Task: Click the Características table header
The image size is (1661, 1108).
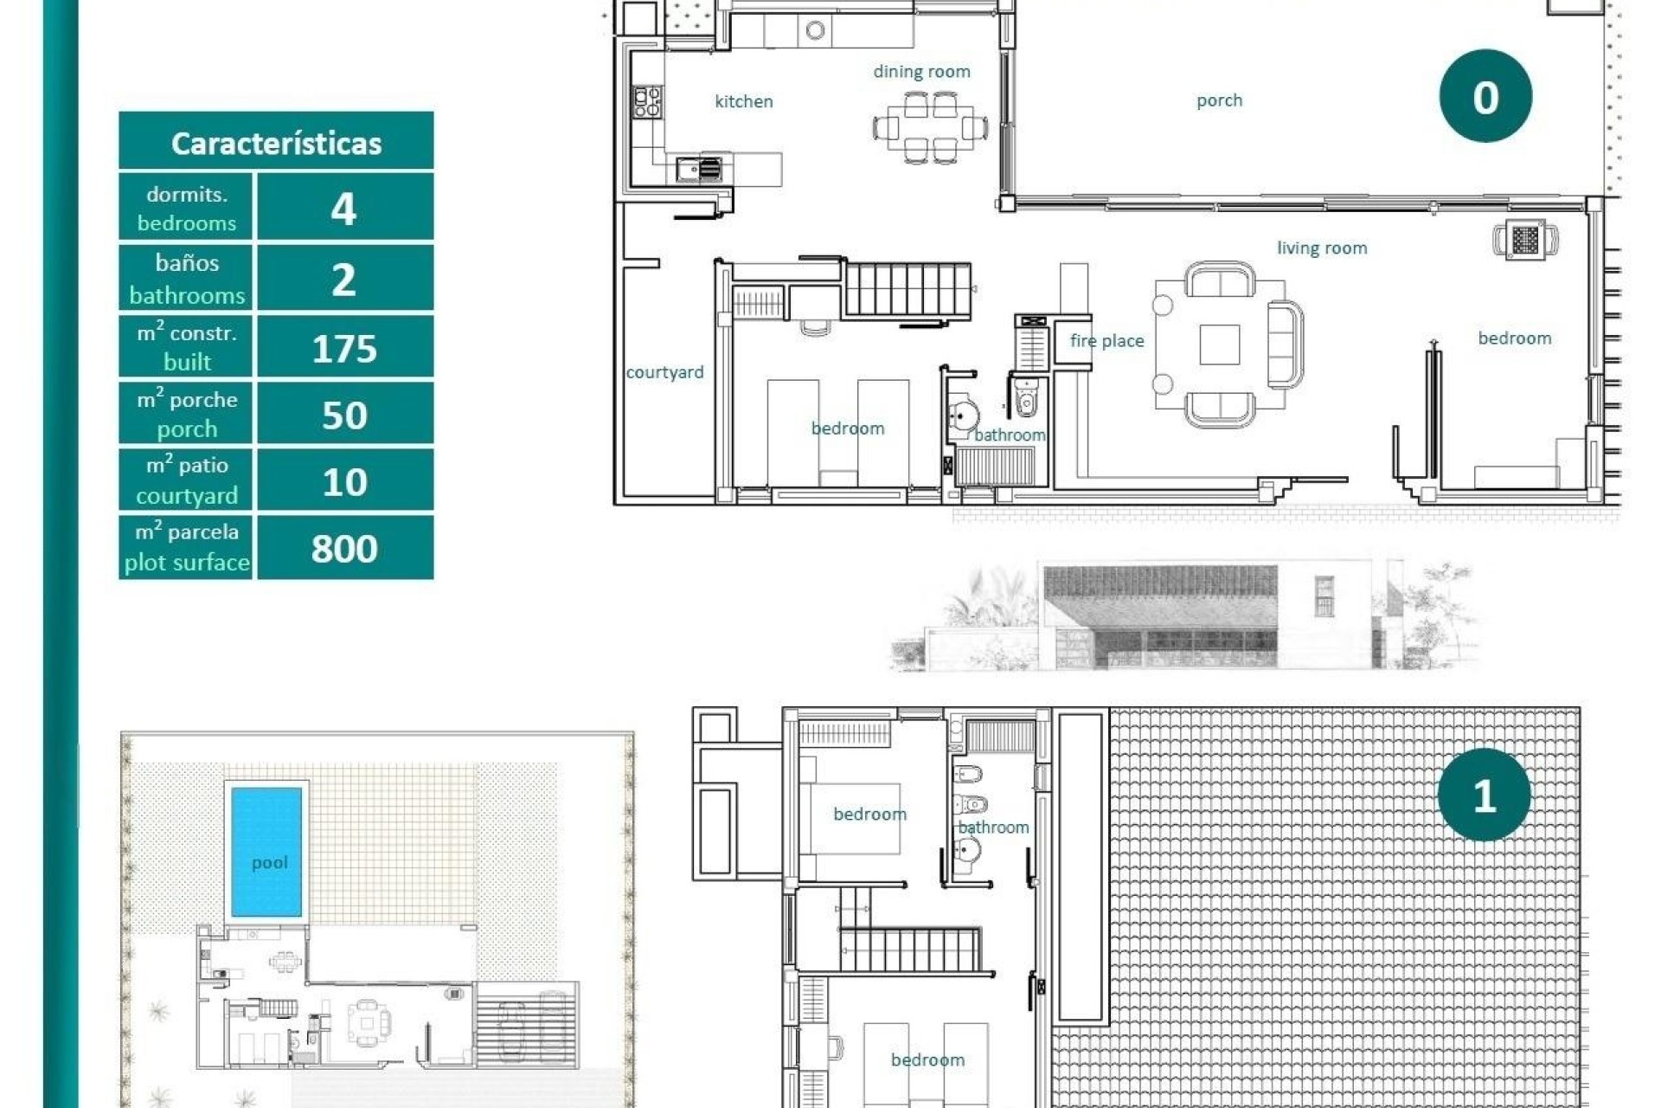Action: click(x=276, y=142)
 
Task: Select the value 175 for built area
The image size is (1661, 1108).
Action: click(x=344, y=348)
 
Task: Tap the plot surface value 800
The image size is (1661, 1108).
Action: click(x=344, y=548)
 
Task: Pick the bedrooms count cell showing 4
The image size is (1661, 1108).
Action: click(x=344, y=208)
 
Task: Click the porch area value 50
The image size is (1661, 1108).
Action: click(x=344, y=415)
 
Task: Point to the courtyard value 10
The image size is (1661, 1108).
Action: click(x=344, y=481)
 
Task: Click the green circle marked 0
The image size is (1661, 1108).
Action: click(x=1485, y=96)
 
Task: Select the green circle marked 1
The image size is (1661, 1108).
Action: click(x=1483, y=795)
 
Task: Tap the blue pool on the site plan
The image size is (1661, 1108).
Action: click(x=266, y=851)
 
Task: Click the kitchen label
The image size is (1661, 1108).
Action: click(x=743, y=101)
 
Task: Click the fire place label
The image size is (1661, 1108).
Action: click(x=1106, y=341)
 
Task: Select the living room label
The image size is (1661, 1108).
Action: click(x=1321, y=248)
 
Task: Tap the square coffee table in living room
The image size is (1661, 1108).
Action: click(x=1219, y=345)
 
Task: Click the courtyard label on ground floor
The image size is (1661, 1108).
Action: click(x=664, y=372)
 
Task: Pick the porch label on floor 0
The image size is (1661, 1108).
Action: click(x=1218, y=100)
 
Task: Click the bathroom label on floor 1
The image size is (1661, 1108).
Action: click(x=993, y=828)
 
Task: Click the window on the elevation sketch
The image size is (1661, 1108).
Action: click(x=1324, y=596)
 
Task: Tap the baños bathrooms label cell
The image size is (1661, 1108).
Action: click(x=186, y=279)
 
